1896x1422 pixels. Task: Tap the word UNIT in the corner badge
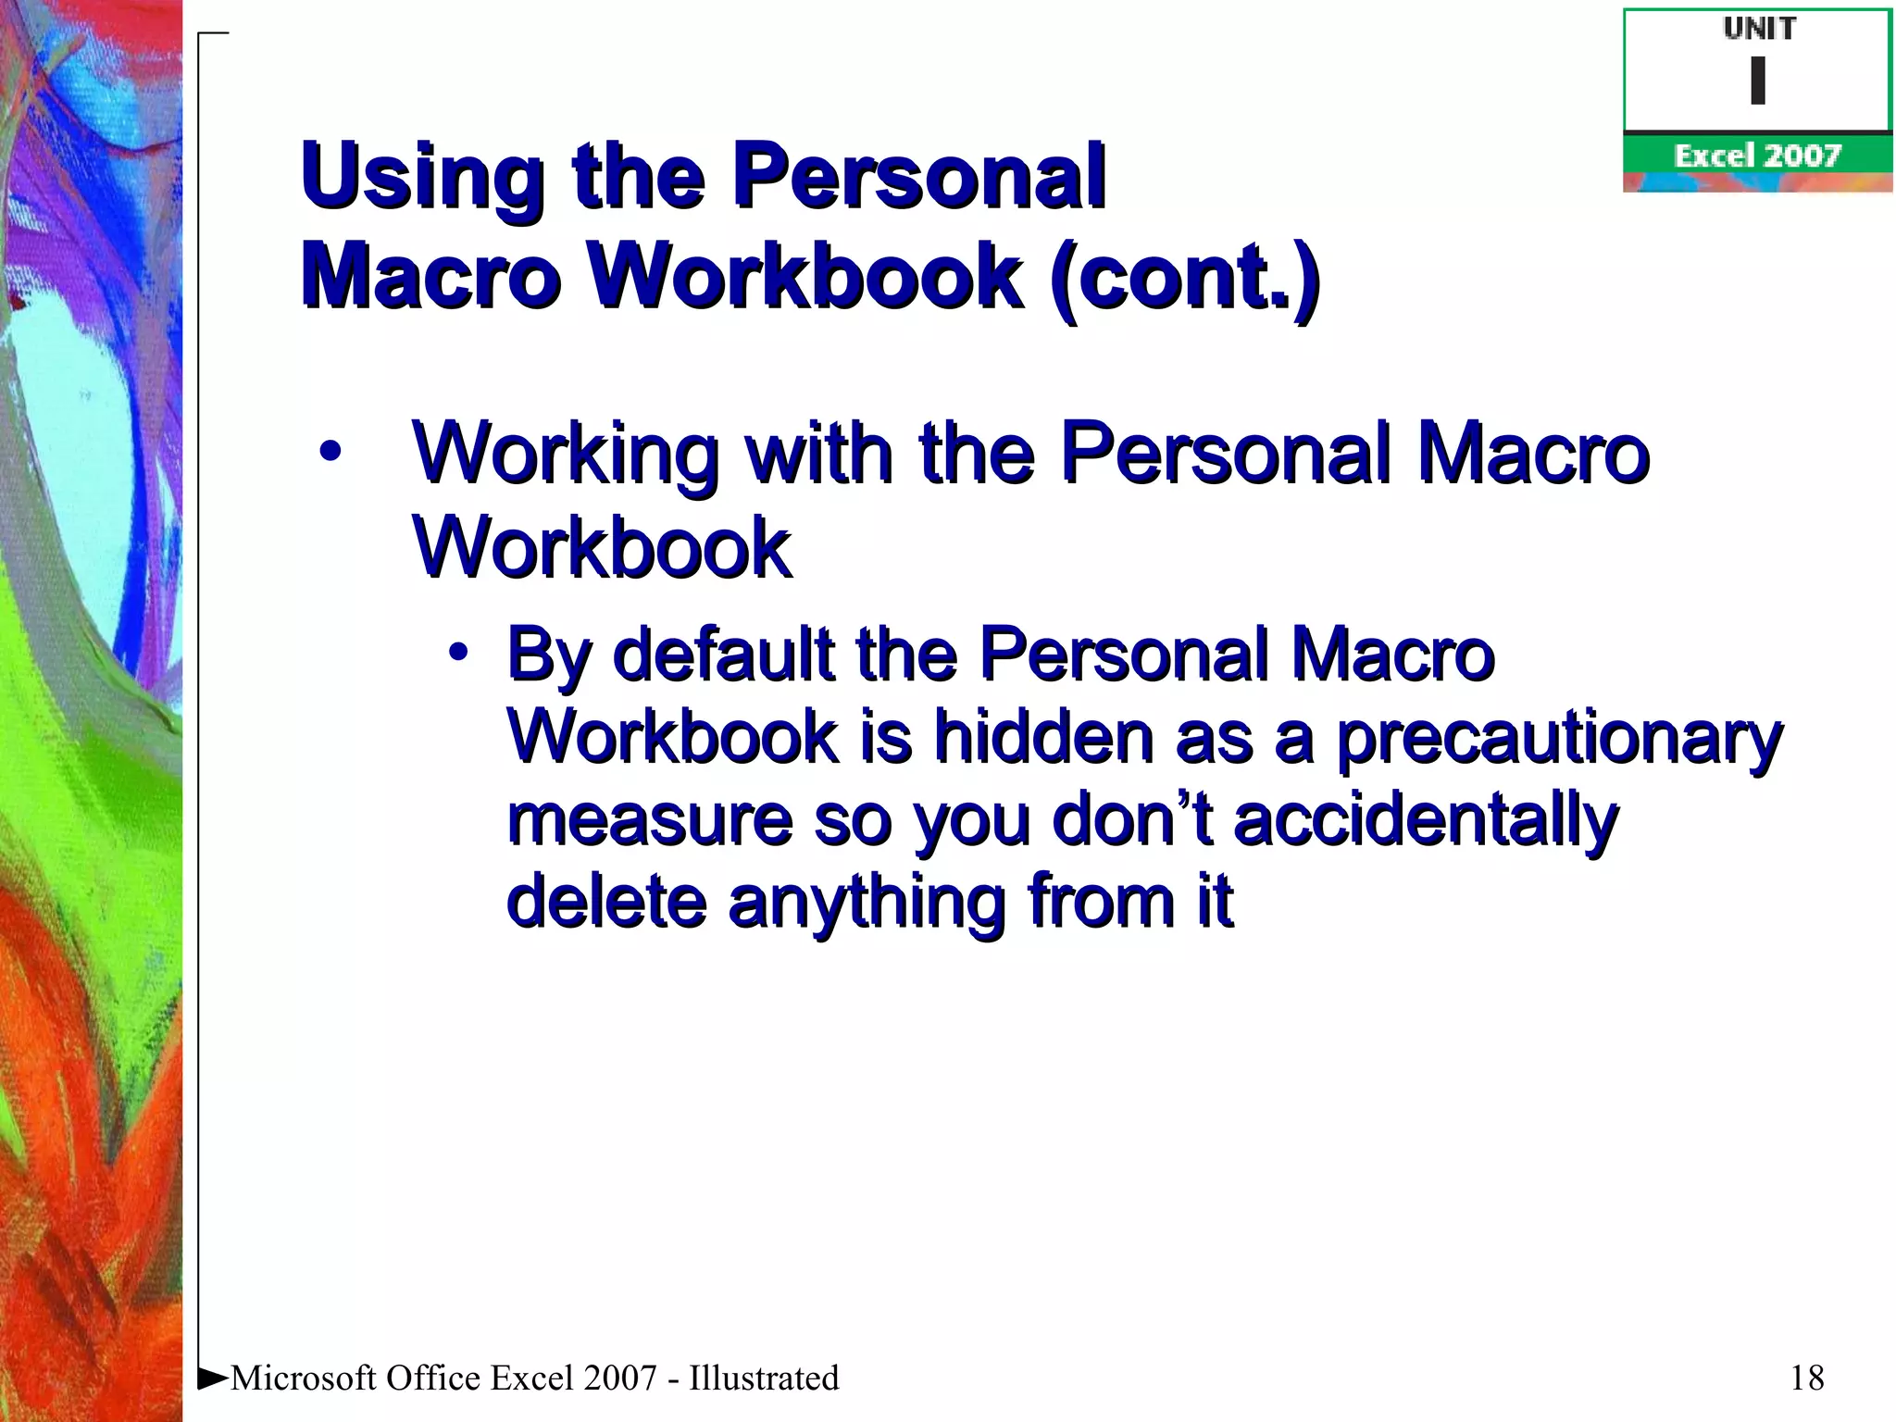pyautogui.click(x=1759, y=30)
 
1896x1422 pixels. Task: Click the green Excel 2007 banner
pyautogui.click(x=1757, y=156)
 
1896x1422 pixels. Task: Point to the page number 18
pyautogui.click(x=1806, y=1378)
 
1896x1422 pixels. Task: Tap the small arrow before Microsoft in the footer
pyautogui.click(x=214, y=1378)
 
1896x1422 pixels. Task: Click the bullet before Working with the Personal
pyautogui.click(x=331, y=454)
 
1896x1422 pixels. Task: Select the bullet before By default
pyautogui.click(x=458, y=654)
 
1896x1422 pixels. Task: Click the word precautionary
pyautogui.click(x=1559, y=739)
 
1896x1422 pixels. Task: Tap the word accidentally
pyautogui.click(x=1426, y=820)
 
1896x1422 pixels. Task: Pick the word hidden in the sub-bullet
pyautogui.click(x=1042, y=737)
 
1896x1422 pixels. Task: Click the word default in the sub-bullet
pyautogui.click(x=723, y=654)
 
